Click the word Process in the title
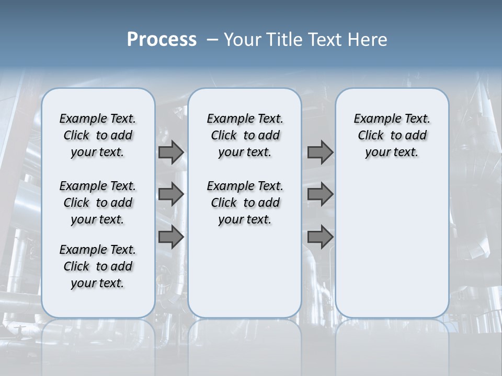[162, 40]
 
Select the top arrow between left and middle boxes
[171, 152]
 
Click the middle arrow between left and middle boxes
[171, 194]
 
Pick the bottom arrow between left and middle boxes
[171, 237]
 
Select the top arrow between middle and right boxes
[320, 152]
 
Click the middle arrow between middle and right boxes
[320, 194]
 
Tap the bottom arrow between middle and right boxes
[320, 237]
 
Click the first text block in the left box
[98, 135]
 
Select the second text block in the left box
[98, 203]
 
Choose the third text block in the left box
[98, 266]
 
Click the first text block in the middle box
[245, 135]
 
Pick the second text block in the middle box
[245, 203]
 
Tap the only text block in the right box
[392, 135]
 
